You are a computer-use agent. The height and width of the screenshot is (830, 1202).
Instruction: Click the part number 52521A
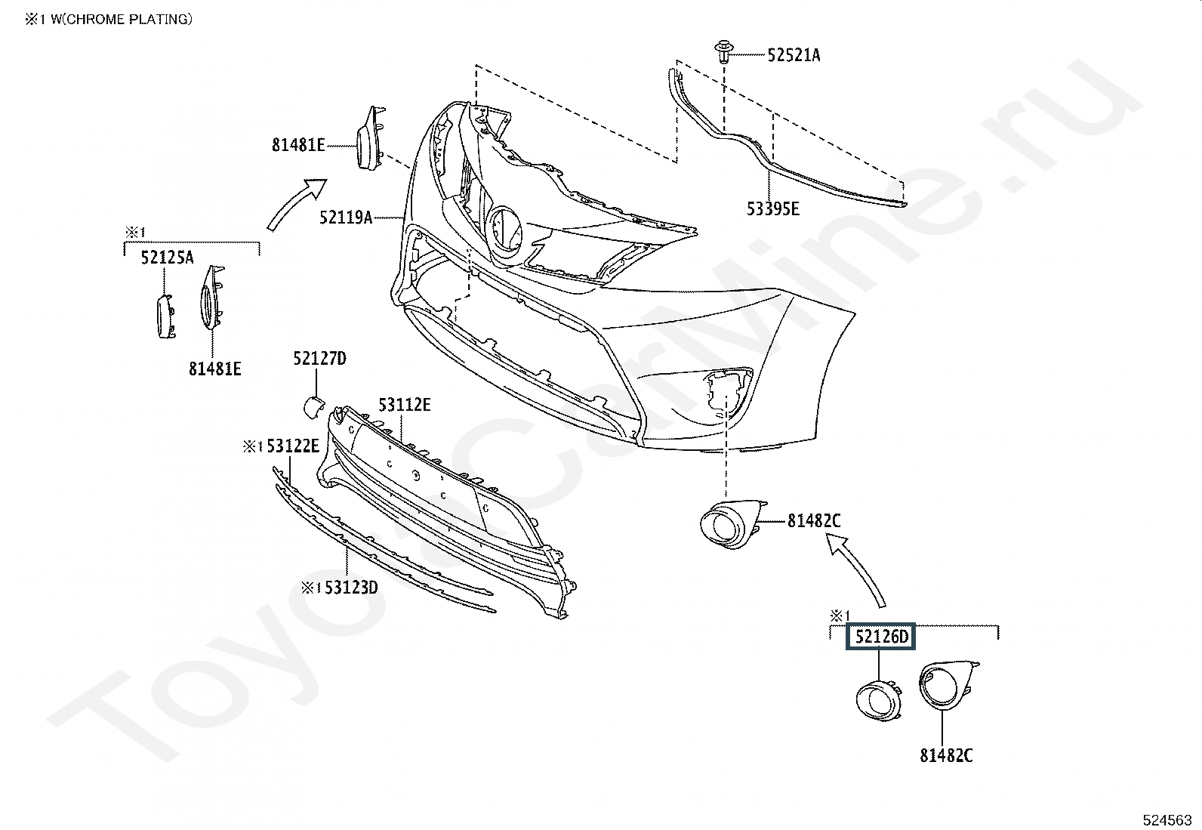(x=794, y=55)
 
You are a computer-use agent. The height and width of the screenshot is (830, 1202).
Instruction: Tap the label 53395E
(x=772, y=209)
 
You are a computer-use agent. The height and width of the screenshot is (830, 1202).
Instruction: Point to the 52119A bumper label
(x=346, y=218)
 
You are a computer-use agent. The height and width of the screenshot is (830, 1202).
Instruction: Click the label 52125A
(x=167, y=258)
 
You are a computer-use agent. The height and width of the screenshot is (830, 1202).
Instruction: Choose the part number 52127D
(x=320, y=358)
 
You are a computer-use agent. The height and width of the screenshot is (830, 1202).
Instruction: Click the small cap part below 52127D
(x=313, y=407)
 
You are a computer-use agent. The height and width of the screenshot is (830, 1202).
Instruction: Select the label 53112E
(x=404, y=405)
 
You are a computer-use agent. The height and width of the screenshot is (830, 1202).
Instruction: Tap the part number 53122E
(x=293, y=446)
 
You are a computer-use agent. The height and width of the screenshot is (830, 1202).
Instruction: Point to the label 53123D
(x=352, y=588)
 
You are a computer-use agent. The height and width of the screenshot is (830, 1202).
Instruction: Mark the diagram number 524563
(x=1167, y=819)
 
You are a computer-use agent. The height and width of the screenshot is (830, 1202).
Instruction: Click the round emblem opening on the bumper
(x=505, y=231)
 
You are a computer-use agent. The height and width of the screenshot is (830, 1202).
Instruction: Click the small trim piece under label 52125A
(x=165, y=316)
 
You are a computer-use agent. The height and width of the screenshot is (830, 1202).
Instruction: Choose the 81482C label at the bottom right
(x=946, y=755)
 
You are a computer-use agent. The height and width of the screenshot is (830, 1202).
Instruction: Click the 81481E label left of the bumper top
(x=298, y=145)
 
